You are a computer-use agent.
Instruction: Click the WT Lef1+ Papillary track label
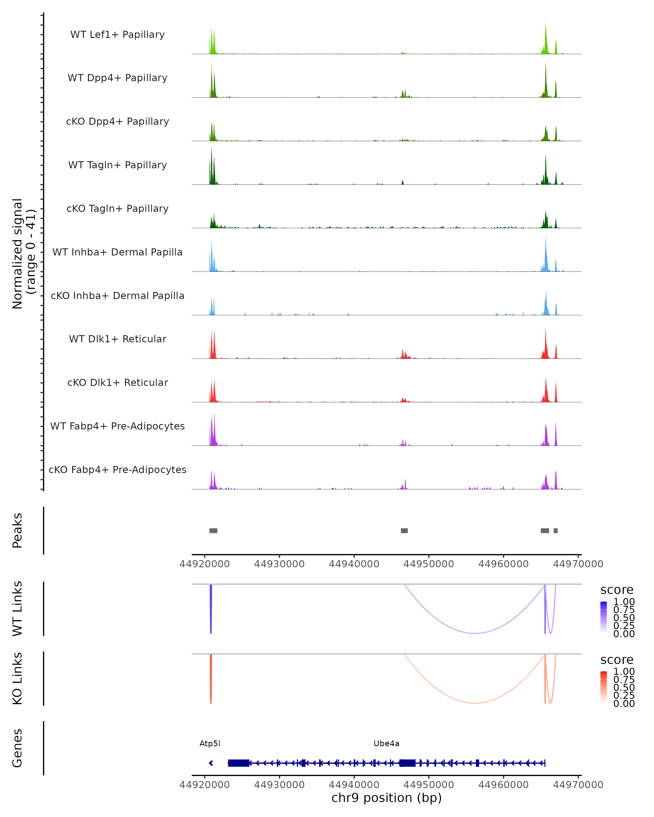(117, 35)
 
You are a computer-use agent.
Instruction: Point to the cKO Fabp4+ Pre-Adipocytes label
(117, 470)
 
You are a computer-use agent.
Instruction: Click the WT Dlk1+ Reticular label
(117, 339)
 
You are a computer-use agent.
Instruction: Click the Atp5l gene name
(210, 743)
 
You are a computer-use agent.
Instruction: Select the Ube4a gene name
(386, 743)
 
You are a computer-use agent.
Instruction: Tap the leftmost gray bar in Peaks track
(213, 531)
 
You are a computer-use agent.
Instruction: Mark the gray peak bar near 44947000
(404, 531)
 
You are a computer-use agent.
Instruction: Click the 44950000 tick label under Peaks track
(429, 564)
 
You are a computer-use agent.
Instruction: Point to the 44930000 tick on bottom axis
(279, 785)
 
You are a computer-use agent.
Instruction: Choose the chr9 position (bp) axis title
(386, 798)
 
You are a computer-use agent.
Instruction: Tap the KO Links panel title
(17, 678)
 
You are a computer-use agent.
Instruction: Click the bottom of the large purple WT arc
(475, 633)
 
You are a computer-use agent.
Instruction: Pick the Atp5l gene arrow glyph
(211, 763)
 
